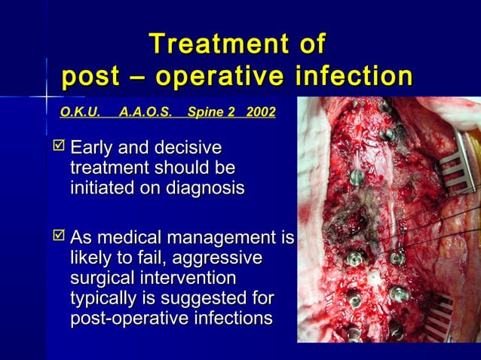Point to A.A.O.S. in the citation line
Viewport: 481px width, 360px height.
[x=146, y=112]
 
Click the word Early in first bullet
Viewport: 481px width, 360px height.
[x=93, y=145]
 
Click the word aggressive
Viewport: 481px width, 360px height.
[x=219, y=258]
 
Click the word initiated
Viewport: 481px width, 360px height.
[x=99, y=188]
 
